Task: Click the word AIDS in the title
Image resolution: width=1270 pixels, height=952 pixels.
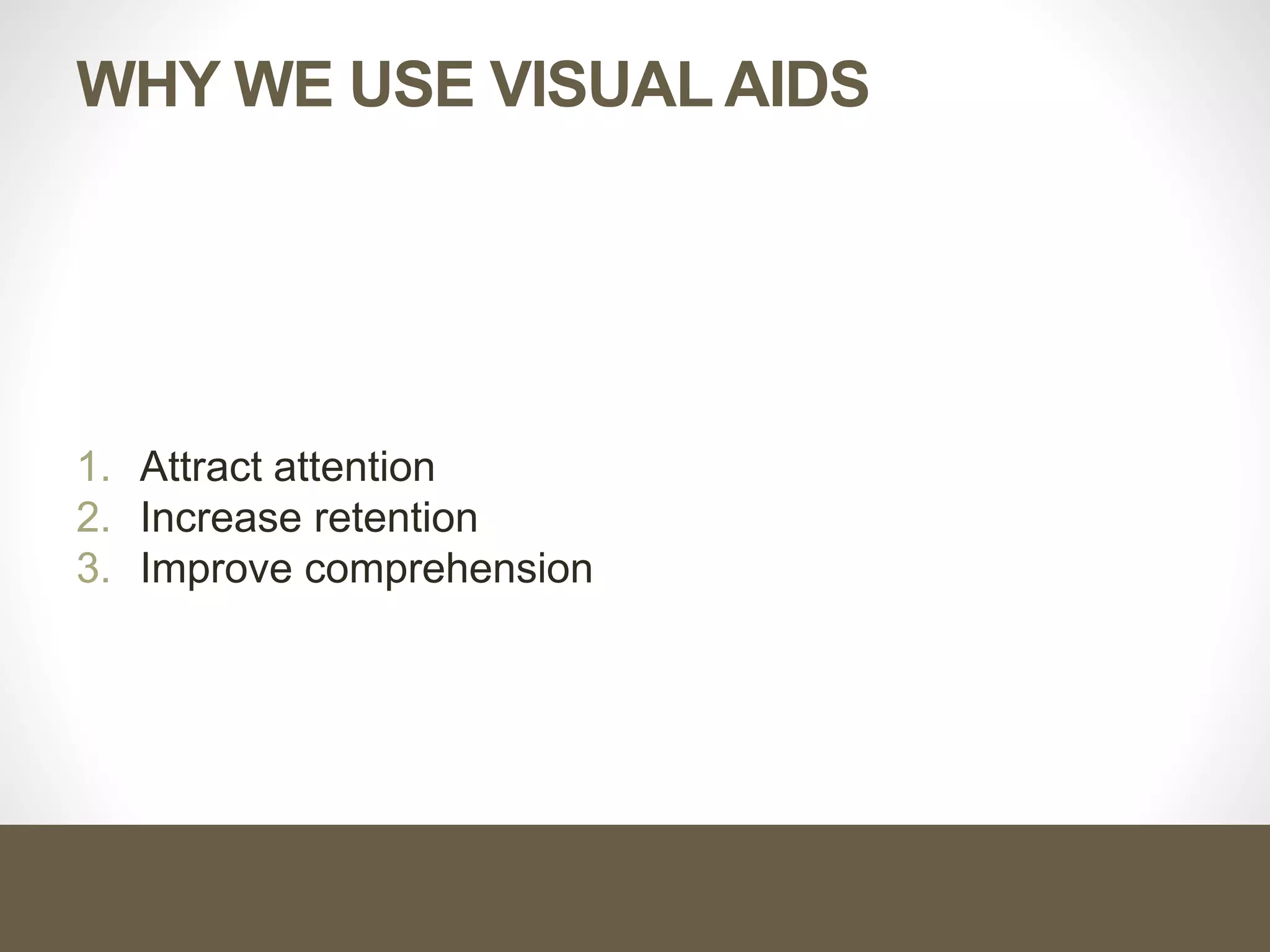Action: (x=797, y=85)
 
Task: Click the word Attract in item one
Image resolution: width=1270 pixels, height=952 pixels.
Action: (x=200, y=467)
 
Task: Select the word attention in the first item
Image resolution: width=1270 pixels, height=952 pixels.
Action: (x=354, y=467)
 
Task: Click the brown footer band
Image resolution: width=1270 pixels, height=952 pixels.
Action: (x=635, y=888)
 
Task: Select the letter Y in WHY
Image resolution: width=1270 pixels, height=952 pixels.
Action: (x=207, y=85)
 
